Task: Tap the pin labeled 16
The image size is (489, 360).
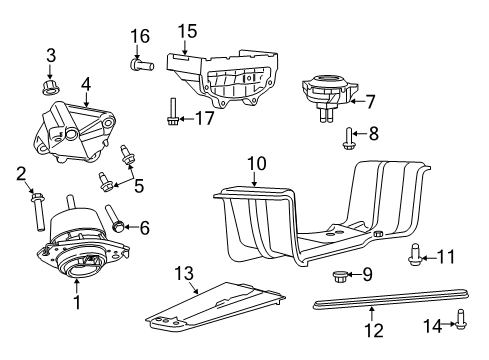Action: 140,65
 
